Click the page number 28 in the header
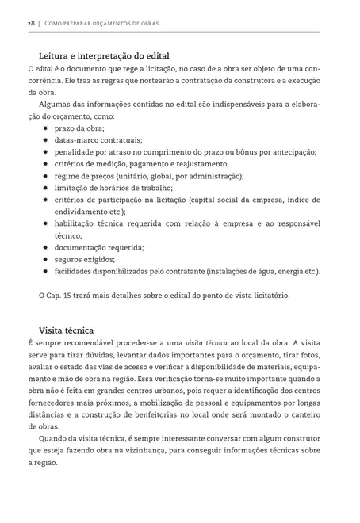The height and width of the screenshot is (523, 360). (31, 24)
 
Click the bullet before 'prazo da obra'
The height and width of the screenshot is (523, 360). (46, 128)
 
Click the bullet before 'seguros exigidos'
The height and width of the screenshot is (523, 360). (46, 259)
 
